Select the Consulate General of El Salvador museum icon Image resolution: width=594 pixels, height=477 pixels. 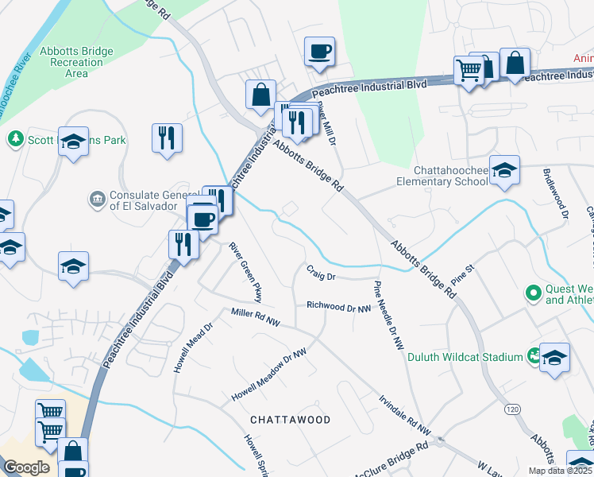97,197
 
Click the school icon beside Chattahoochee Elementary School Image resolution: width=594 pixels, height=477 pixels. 504,170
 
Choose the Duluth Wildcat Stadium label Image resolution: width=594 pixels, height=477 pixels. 465,357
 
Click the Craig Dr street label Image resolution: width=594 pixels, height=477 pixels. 322,277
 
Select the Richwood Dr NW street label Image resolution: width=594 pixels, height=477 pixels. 339,306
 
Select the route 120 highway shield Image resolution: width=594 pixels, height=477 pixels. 512,409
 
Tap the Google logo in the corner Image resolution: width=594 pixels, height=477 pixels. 26,467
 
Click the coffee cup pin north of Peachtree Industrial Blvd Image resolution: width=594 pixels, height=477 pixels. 319,52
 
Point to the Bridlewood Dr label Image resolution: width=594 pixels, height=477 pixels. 555,193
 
